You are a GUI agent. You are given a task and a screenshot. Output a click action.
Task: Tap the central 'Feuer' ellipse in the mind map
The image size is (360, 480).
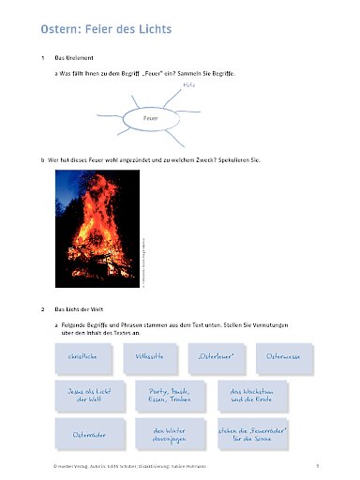[150, 121]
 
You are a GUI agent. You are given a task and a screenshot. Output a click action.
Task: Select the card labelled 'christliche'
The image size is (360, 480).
[83, 358]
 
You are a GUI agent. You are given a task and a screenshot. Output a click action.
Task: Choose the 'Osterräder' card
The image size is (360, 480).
[83, 434]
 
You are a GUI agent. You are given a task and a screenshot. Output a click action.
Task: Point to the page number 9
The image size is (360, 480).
[319, 464]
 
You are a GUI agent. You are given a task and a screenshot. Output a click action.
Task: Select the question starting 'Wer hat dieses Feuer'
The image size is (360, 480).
[156, 159]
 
